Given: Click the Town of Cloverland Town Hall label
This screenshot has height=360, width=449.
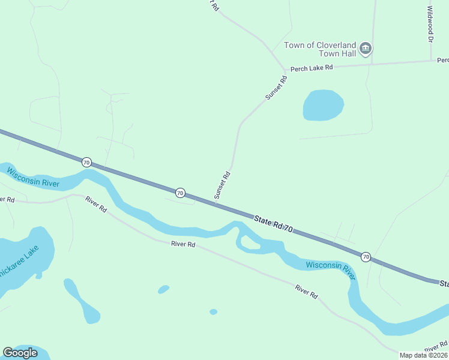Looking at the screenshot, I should tap(320, 49).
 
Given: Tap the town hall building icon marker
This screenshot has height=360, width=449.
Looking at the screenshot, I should tap(366, 49).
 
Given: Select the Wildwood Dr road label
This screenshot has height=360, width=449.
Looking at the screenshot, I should tap(430, 24).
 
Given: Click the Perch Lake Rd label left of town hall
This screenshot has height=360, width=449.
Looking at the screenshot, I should tap(312, 68).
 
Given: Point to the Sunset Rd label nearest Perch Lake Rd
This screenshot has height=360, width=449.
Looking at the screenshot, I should tap(276, 88).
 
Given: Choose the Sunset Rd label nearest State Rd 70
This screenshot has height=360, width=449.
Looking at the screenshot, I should tap(222, 185).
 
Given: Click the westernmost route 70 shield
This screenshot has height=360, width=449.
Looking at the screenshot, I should tap(86, 162).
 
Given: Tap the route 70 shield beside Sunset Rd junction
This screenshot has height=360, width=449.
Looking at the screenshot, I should tap(180, 193).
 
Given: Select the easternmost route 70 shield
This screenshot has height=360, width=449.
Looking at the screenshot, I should tap(366, 257).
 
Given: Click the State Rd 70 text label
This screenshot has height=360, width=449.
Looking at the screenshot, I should tap(273, 224).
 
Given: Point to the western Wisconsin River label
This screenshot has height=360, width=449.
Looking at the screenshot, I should tap(33, 178).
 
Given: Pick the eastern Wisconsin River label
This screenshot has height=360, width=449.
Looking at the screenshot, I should tap(331, 269).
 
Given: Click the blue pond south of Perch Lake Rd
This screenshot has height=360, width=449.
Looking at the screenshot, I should tap(323, 105).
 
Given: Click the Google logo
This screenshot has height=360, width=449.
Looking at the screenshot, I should tap(20, 353).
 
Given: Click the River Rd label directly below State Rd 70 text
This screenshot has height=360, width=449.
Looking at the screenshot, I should tap(183, 244).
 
